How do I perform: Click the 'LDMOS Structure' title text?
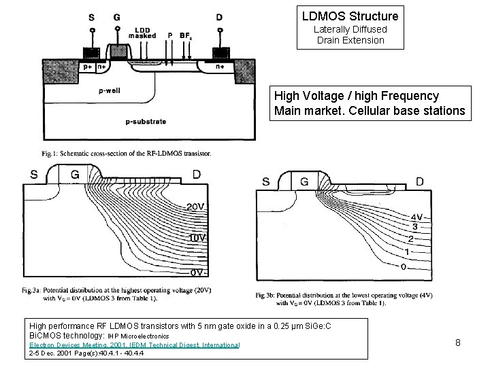pyautogui.click(x=350, y=14)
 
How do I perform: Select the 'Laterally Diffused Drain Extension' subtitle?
pyautogui.click(x=350, y=35)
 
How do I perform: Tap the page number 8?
pyautogui.click(x=458, y=342)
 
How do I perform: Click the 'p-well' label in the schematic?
pyautogui.click(x=110, y=90)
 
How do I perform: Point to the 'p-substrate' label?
pyautogui.click(x=146, y=122)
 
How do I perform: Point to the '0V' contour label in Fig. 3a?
pyautogui.click(x=197, y=272)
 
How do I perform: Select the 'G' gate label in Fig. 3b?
pyautogui.click(x=304, y=182)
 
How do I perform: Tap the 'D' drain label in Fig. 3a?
pyautogui.click(x=196, y=175)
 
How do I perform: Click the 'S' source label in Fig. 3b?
pyautogui.click(x=265, y=182)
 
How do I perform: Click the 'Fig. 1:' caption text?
pyautogui.click(x=49, y=154)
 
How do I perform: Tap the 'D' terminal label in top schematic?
pyautogui.click(x=218, y=17)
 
